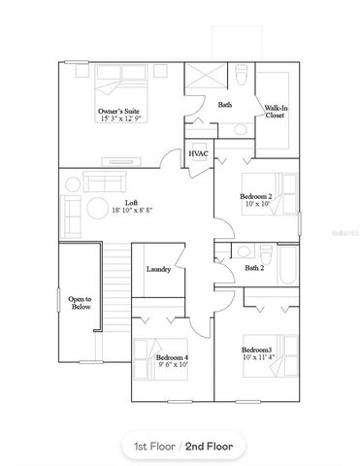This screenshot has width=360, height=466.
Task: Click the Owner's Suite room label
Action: [x=119, y=113]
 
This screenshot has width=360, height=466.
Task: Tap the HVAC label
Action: [x=199, y=154]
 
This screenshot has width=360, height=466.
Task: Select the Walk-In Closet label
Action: [x=275, y=113]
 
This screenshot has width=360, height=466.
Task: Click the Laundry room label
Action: [x=159, y=269]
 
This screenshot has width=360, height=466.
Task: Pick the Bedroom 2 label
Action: [x=257, y=196]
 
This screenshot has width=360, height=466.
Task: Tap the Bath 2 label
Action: [x=254, y=268]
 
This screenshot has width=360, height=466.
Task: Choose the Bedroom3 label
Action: [x=257, y=349]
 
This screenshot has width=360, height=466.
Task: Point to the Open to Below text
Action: [x=81, y=302]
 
